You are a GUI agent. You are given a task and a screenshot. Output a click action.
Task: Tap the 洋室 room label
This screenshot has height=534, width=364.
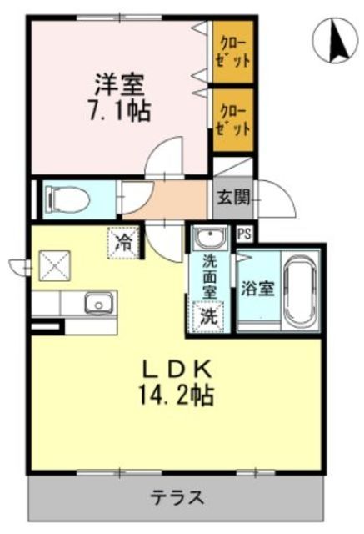118,85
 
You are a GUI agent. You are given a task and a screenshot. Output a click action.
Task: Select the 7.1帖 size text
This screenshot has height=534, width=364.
118,111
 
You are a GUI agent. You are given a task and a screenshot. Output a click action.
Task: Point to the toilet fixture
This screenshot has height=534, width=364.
63,199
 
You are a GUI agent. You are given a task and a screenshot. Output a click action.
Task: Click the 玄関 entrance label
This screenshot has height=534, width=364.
232,199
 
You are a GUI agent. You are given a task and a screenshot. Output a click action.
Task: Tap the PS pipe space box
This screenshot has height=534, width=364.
245,234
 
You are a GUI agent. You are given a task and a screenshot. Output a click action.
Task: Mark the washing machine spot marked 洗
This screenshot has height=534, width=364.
208,317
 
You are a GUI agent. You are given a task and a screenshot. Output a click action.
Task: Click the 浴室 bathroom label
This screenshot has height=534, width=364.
257,289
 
